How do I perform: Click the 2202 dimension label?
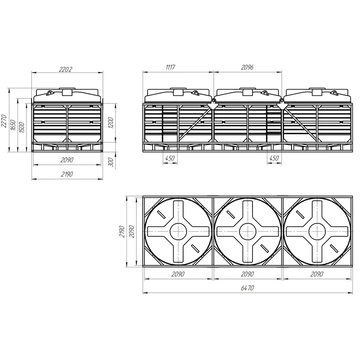pyautogui.click(x=65, y=69)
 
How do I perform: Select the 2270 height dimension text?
pyautogui.click(x=4, y=121)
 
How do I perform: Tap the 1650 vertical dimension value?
pyautogui.click(x=13, y=125)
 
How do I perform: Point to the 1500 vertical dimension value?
pyautogui.click(x=21, y=127)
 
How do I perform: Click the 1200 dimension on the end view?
pyautogui.click(x=111, y=122)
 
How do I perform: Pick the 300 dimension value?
pyautogui.click(x=111, y=162)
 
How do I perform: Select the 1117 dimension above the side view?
pyautogui.click(x=171, y=67)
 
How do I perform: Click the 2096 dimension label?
pyautogui.click(x=247, y=67)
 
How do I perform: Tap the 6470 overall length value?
pyautogui.click(x=247, y=288)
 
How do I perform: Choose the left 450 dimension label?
pyautogui.click(x=170, y=158)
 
